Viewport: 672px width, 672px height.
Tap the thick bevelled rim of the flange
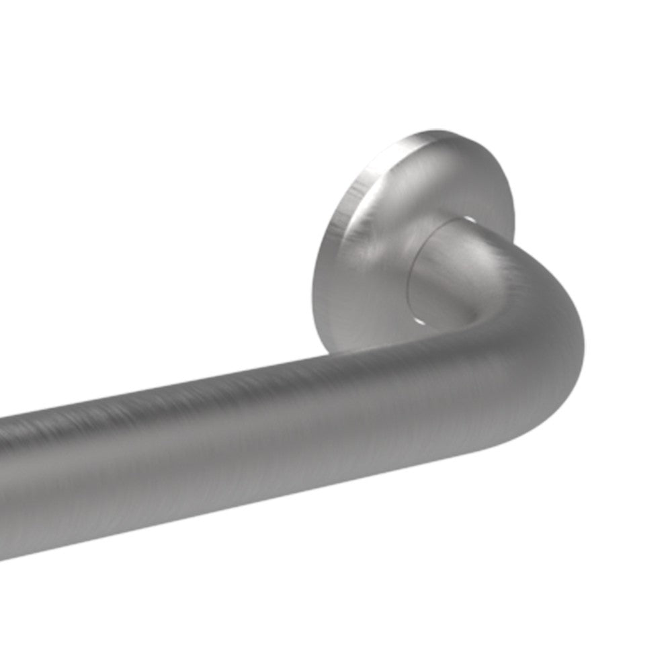click(x=329, y=269)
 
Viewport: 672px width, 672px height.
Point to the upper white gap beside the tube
click(x=469, y=220)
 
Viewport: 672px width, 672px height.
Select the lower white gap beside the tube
click(x=419, y=321)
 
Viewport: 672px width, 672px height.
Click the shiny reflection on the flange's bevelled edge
click(x=349, y=202)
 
